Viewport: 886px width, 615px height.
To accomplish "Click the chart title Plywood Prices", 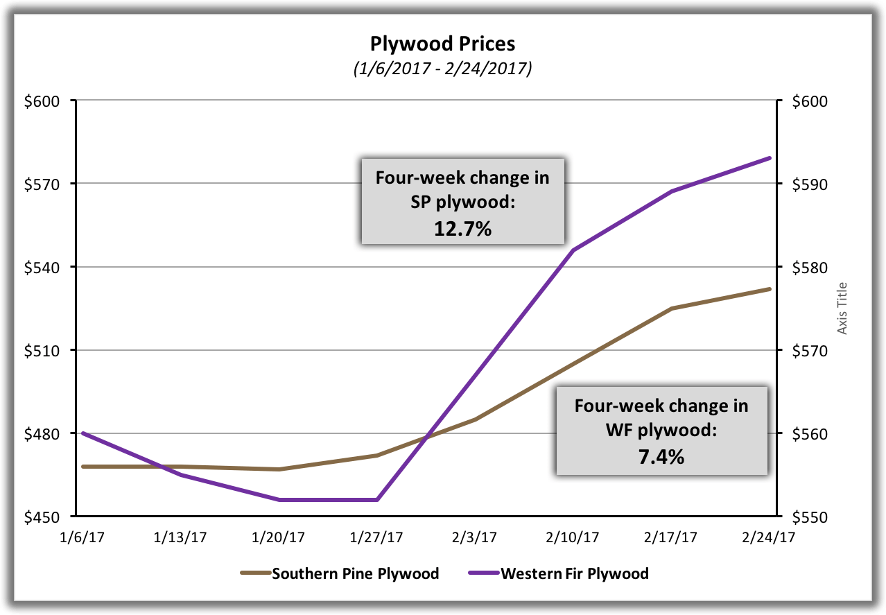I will (x=443, y=44).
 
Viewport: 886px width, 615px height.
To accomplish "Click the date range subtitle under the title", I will (x=443, y=69).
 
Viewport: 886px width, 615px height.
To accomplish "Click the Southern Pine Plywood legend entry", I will (x=355, y=573).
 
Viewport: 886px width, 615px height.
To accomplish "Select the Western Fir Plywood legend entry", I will (x=574, y=573).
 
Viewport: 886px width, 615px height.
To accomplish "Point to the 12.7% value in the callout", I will (x=462, y=228).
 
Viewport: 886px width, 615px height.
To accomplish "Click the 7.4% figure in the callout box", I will (x=661, y=456).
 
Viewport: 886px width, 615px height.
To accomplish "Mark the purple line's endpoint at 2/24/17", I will (x=770, y=158).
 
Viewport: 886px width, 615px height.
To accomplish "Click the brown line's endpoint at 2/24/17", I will (x=770, y=289).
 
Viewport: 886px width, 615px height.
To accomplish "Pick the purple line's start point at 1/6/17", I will (x=83, y=433).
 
